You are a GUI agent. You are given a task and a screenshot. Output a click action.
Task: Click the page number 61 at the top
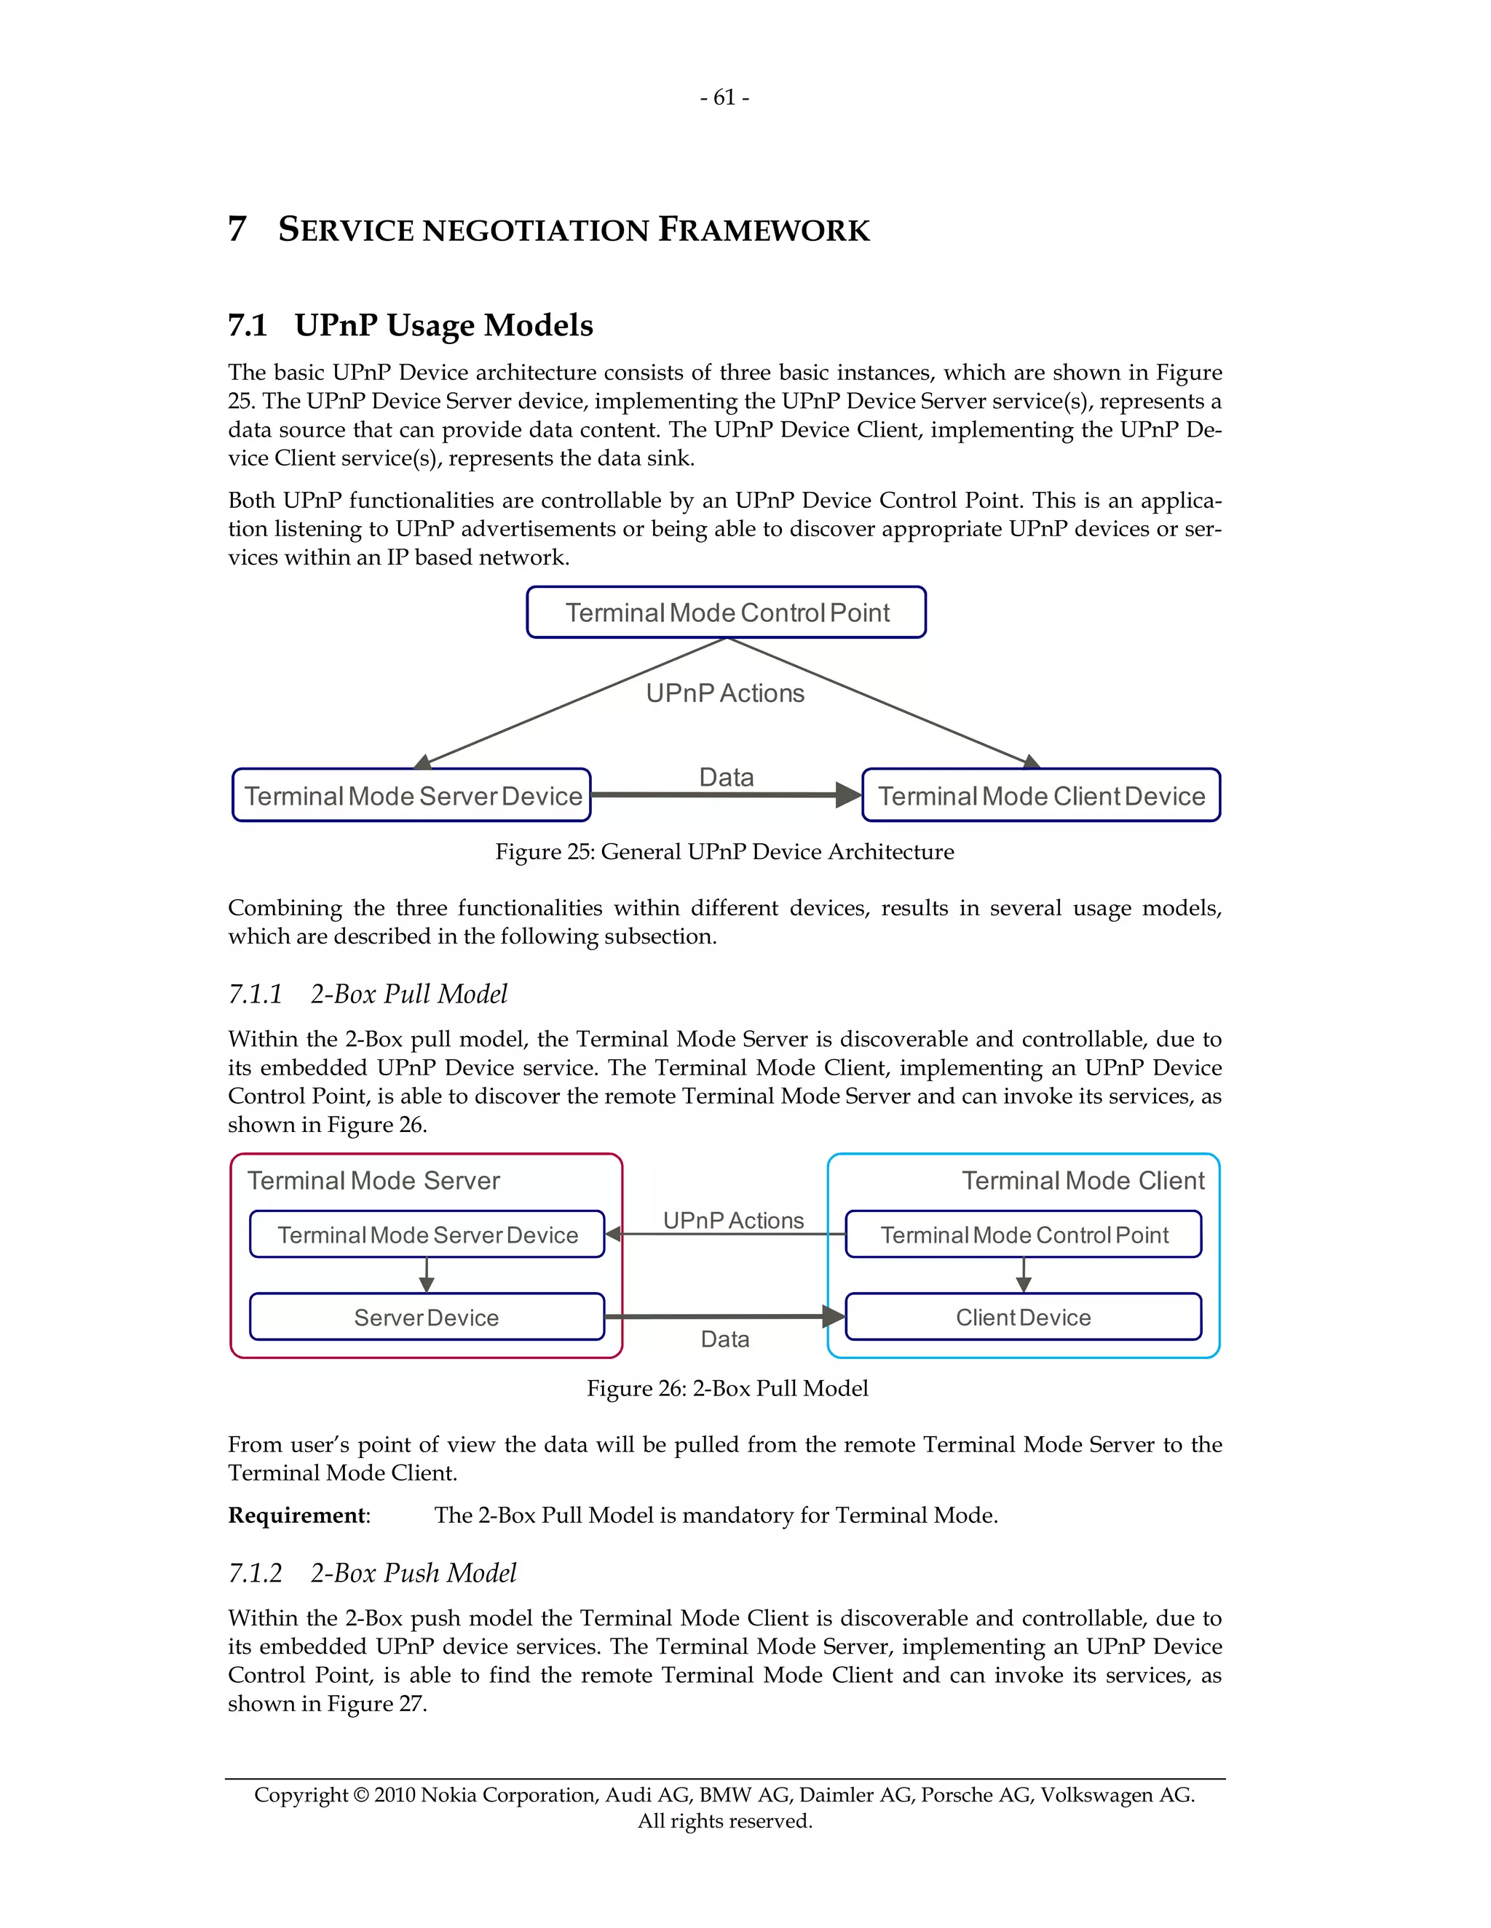(724, 98)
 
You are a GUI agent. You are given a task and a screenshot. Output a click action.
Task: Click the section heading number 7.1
(248, 326)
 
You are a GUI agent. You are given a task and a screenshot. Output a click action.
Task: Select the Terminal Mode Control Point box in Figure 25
(726, 613)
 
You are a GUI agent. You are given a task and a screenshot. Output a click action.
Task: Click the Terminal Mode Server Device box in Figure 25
(411, 796)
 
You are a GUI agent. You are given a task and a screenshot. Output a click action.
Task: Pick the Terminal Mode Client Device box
(1040, 796)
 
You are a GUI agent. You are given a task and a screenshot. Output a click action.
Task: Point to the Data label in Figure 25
(726, 778)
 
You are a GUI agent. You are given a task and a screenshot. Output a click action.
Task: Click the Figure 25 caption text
(724, 852)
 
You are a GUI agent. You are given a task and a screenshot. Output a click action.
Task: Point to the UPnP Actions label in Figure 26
(733, 1221)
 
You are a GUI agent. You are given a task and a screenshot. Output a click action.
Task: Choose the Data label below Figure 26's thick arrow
(724, 1340)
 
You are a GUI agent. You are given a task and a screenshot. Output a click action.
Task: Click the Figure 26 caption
(727, 1389)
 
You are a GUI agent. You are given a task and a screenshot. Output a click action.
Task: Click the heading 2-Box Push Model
(414, 1574)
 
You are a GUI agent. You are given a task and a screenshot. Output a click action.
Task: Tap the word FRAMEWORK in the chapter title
(764, 231)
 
